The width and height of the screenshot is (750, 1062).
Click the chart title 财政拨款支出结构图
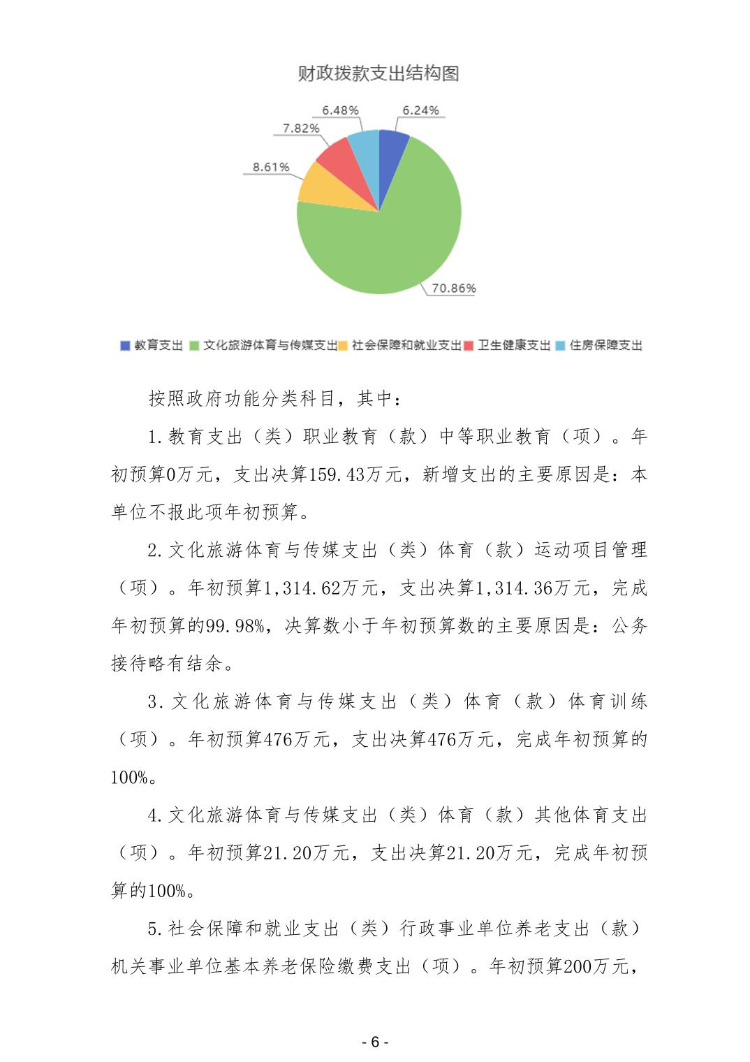[x=378, y=73]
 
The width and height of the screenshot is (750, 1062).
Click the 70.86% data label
[x=454, y=288]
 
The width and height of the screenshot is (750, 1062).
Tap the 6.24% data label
[x=420, y=110]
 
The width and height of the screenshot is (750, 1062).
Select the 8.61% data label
[x=271, y=168]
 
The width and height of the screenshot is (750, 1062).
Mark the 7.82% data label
[x=301, y=129]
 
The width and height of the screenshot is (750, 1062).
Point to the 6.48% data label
[x=340, y=110]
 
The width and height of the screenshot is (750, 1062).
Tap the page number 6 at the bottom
[x=375, y=1042]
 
